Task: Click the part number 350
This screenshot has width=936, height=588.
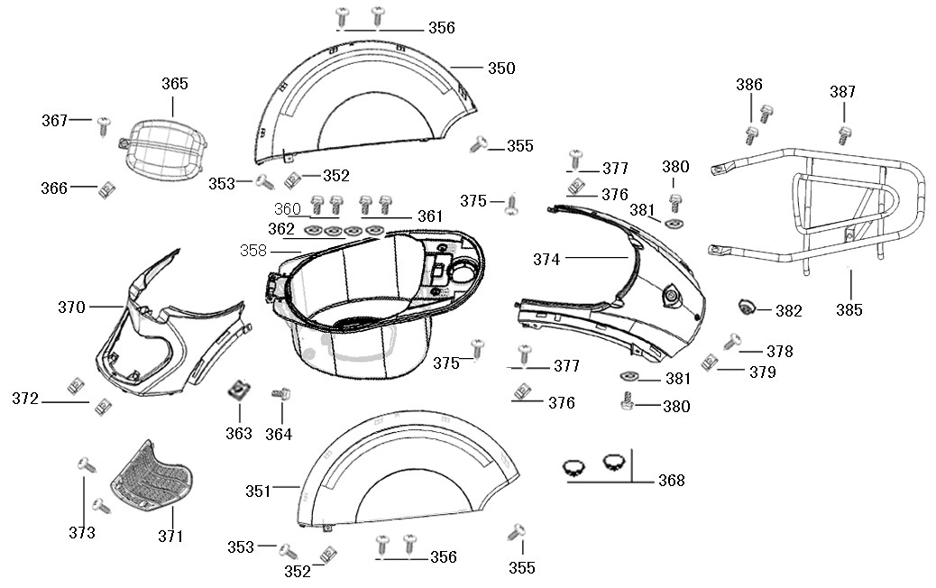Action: point(501,69)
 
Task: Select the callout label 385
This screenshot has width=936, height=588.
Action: point(849,310)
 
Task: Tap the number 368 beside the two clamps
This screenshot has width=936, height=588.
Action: point(671,481)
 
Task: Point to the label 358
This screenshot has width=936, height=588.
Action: point(253,250)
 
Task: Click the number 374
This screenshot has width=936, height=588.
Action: point(546,260)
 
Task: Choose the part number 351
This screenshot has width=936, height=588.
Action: point(259,491)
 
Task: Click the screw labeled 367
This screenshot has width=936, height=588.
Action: point(103,123)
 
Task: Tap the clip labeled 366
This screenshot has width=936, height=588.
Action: point(106,188)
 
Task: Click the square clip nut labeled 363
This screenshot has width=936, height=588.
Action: point(239,390)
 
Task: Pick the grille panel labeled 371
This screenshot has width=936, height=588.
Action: point(151,476)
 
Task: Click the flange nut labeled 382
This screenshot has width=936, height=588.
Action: point(748,308)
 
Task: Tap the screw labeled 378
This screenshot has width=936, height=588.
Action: point(732,341)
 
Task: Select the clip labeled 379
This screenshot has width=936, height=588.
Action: point(709,363)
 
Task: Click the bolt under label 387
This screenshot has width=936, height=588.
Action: point(845,135)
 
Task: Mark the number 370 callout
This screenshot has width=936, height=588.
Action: point(71,308)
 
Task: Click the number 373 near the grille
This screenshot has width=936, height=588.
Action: point(81,532)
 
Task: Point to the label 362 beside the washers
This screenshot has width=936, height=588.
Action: point(280,229)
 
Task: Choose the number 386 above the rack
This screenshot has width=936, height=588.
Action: point(749,85)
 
